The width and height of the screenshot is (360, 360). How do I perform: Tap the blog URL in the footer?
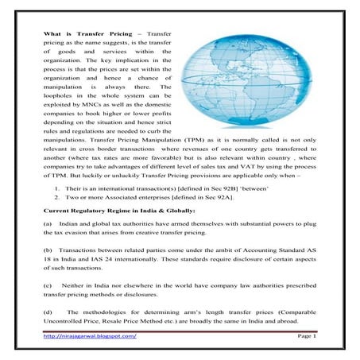coord(90,337)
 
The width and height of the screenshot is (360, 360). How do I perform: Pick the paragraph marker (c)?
coord(48,285)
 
